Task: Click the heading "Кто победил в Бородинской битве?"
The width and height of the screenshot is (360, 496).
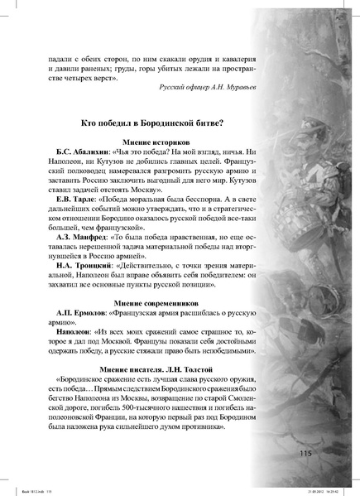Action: pos(156,123)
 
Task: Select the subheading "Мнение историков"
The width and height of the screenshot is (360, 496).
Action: pos(156,143)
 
